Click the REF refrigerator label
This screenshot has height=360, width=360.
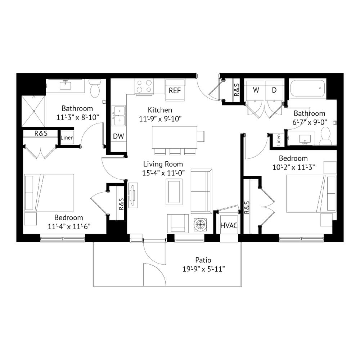pyautogui.click(x=175, y=90)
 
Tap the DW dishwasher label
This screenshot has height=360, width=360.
pyautogui.click(x=118, y=136)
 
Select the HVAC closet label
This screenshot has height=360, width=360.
pyautogui.click(x=229, y=225)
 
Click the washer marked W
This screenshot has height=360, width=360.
pyautogui.click(x=255, y=90)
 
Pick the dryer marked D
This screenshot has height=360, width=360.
pyautogui.click(x=274, y=90)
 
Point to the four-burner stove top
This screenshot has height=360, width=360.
pyautogui.click(x=144, y=86)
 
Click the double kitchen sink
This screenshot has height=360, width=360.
pyautogui.click(x=119, y=116)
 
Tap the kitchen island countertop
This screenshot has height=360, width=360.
pyautogui.click(x=175, y=137)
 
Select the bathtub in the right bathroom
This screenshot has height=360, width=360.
pyautogui.click(x=308, y=89)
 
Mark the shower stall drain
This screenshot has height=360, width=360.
pyautogui.click(x=34, y=111)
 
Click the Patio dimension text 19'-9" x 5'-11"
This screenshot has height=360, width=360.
pyautogui.click(x=203, y=269)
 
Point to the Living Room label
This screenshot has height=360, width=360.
pyautogui.click(x=163, y=164)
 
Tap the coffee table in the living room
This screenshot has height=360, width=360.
pyautogui.click(x=174, y=192)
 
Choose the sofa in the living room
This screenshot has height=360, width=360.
pyautogui.click(x=201, y=191)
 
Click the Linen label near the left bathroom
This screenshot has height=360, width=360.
pyautogui.click(x=67, y=138)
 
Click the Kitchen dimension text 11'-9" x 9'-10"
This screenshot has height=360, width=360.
pyautogui.click(x=160, y=119)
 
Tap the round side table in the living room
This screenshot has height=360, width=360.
pyautogui.click(x=200, y=224)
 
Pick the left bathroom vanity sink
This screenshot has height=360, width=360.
pyautogui.click(x=66, y=85)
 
